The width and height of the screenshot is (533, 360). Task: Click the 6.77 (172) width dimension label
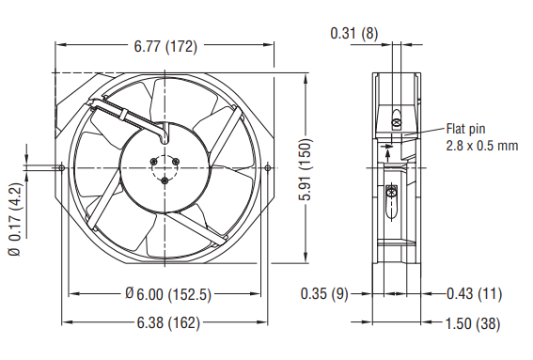point(165,47)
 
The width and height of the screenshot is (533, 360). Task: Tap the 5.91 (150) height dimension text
point(306,169)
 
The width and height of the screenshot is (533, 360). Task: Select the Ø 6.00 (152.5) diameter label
point(168,294)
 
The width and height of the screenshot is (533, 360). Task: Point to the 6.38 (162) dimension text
point(168,323)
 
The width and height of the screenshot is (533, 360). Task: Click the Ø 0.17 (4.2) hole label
point(15,219)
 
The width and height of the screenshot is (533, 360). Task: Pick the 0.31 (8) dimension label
point(354,33)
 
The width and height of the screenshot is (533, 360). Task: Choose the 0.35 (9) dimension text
point(324,293)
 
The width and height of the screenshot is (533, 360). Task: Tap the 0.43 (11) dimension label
point(474,293)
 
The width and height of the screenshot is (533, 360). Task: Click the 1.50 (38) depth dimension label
point(473,323)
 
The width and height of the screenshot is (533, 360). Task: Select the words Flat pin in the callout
point(465,129)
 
